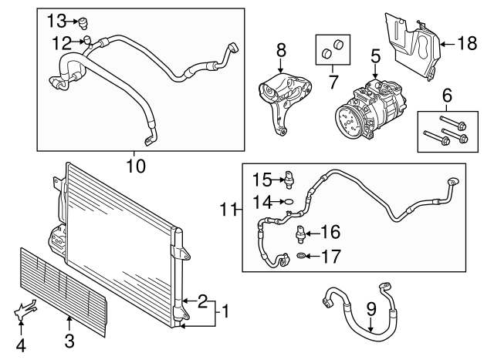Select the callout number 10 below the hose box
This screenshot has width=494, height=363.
pyautogui.click(x=135, y=165)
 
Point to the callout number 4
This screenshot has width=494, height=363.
pyautogui.click(x=21, y=346)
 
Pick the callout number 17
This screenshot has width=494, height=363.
pyautogui.click(x=330, y=256)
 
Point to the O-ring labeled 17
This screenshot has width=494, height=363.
pyautogui.click(x=299, y=256)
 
